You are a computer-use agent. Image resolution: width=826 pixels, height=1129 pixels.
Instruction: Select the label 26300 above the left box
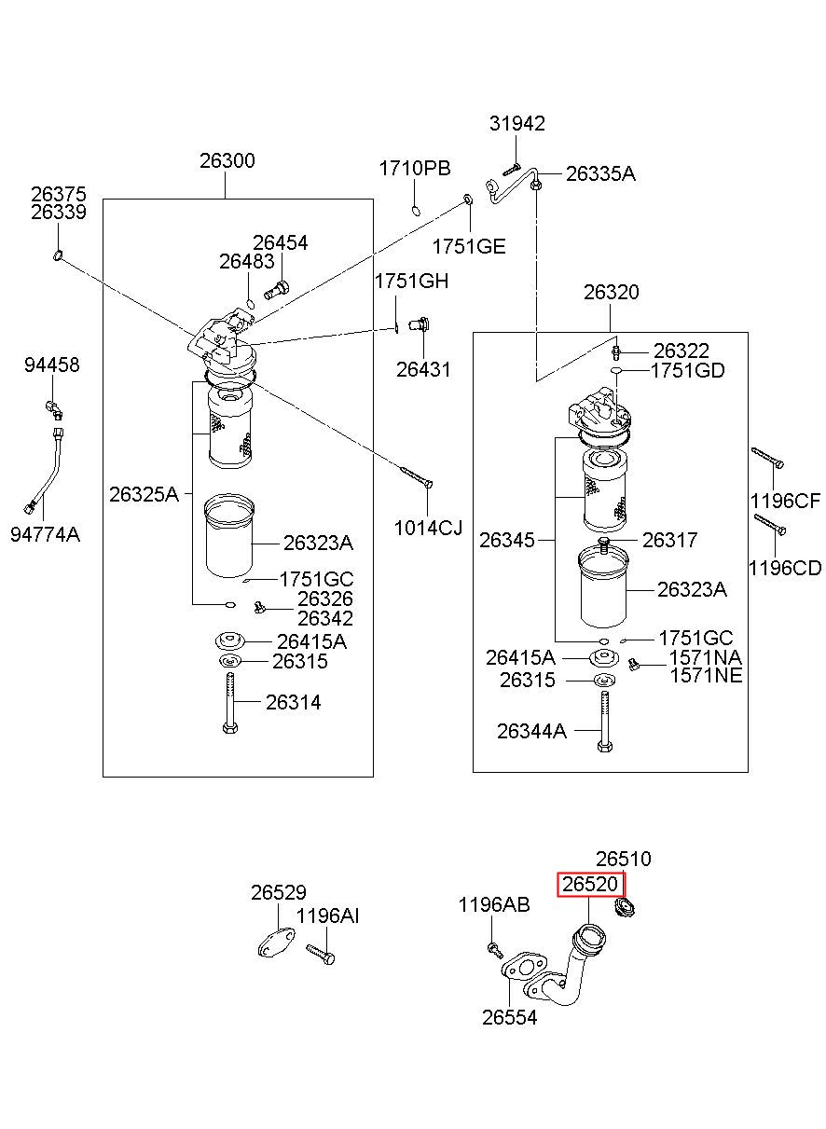tap(227, 160)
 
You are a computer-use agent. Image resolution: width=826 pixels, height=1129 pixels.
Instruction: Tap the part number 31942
tap(517, 123)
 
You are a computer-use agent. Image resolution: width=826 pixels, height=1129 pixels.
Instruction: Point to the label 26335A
tap(600, 174)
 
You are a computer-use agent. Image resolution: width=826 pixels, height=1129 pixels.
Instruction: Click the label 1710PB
tap(415, 169)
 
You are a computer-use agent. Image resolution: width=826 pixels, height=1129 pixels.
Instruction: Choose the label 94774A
tap(46, 534)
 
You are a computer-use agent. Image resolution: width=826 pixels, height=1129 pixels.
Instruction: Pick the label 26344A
tap(531, 731)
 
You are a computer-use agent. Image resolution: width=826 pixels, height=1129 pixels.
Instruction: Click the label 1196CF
tap(785, 501)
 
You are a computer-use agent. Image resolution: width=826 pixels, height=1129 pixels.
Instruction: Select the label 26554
tap(510, 1018)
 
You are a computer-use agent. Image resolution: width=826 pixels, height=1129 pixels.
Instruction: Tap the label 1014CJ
tap(428, 529)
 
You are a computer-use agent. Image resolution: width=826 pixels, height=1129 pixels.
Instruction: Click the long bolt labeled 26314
tap(230, 703)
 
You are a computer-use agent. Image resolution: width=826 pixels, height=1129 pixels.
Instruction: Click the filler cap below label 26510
tap(624, 908)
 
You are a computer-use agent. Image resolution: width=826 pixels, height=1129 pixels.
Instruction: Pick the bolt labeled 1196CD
tap(769, 524)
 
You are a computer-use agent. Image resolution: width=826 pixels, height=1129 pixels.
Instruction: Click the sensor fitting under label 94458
tap(54, 408)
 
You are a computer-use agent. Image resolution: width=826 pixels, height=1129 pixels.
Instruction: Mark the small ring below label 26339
tap(58, 255)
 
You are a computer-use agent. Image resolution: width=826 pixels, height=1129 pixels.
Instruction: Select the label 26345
tap(506, 541)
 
